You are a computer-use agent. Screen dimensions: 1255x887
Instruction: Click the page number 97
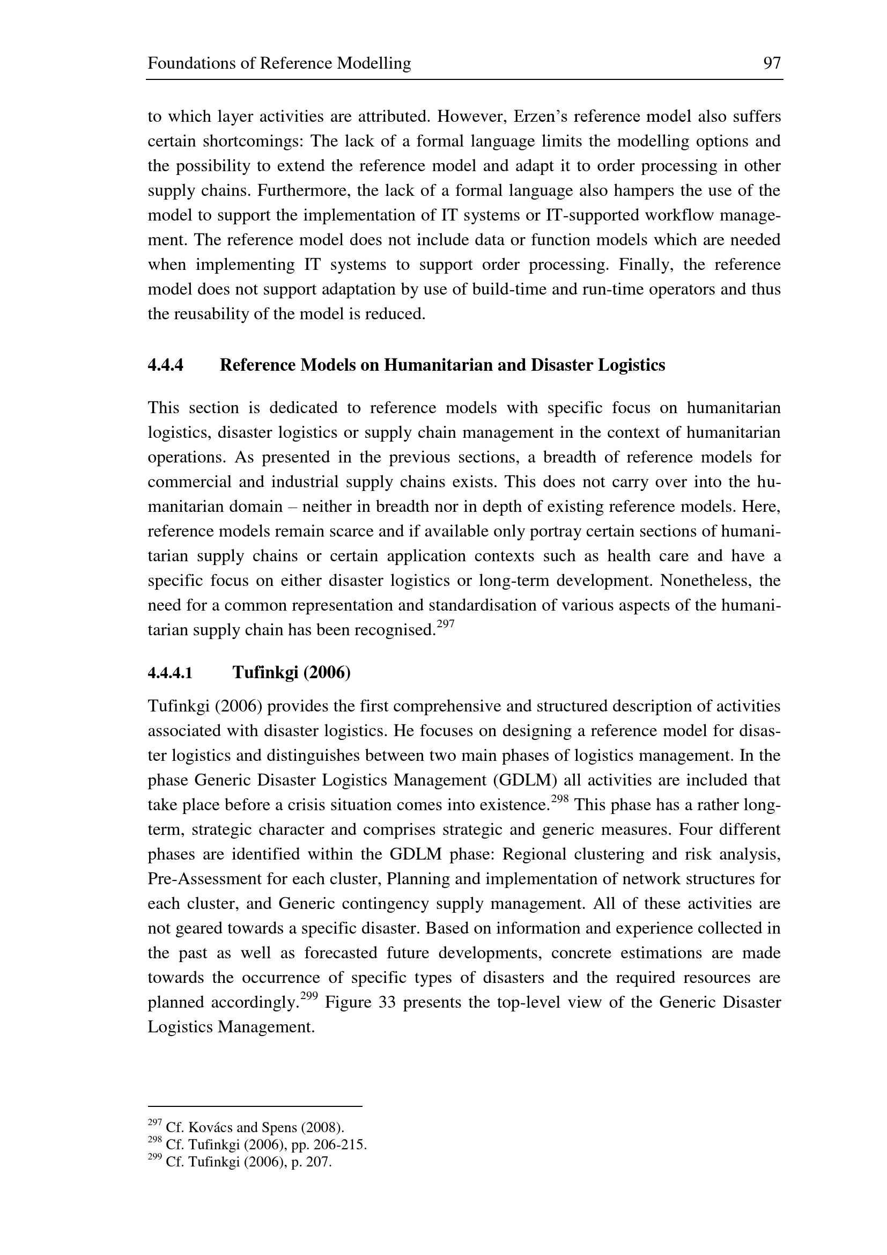point(772,63)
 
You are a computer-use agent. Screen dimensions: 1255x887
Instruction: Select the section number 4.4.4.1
point(170,672)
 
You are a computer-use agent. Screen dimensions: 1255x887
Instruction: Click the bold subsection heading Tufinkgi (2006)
point(292,672)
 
